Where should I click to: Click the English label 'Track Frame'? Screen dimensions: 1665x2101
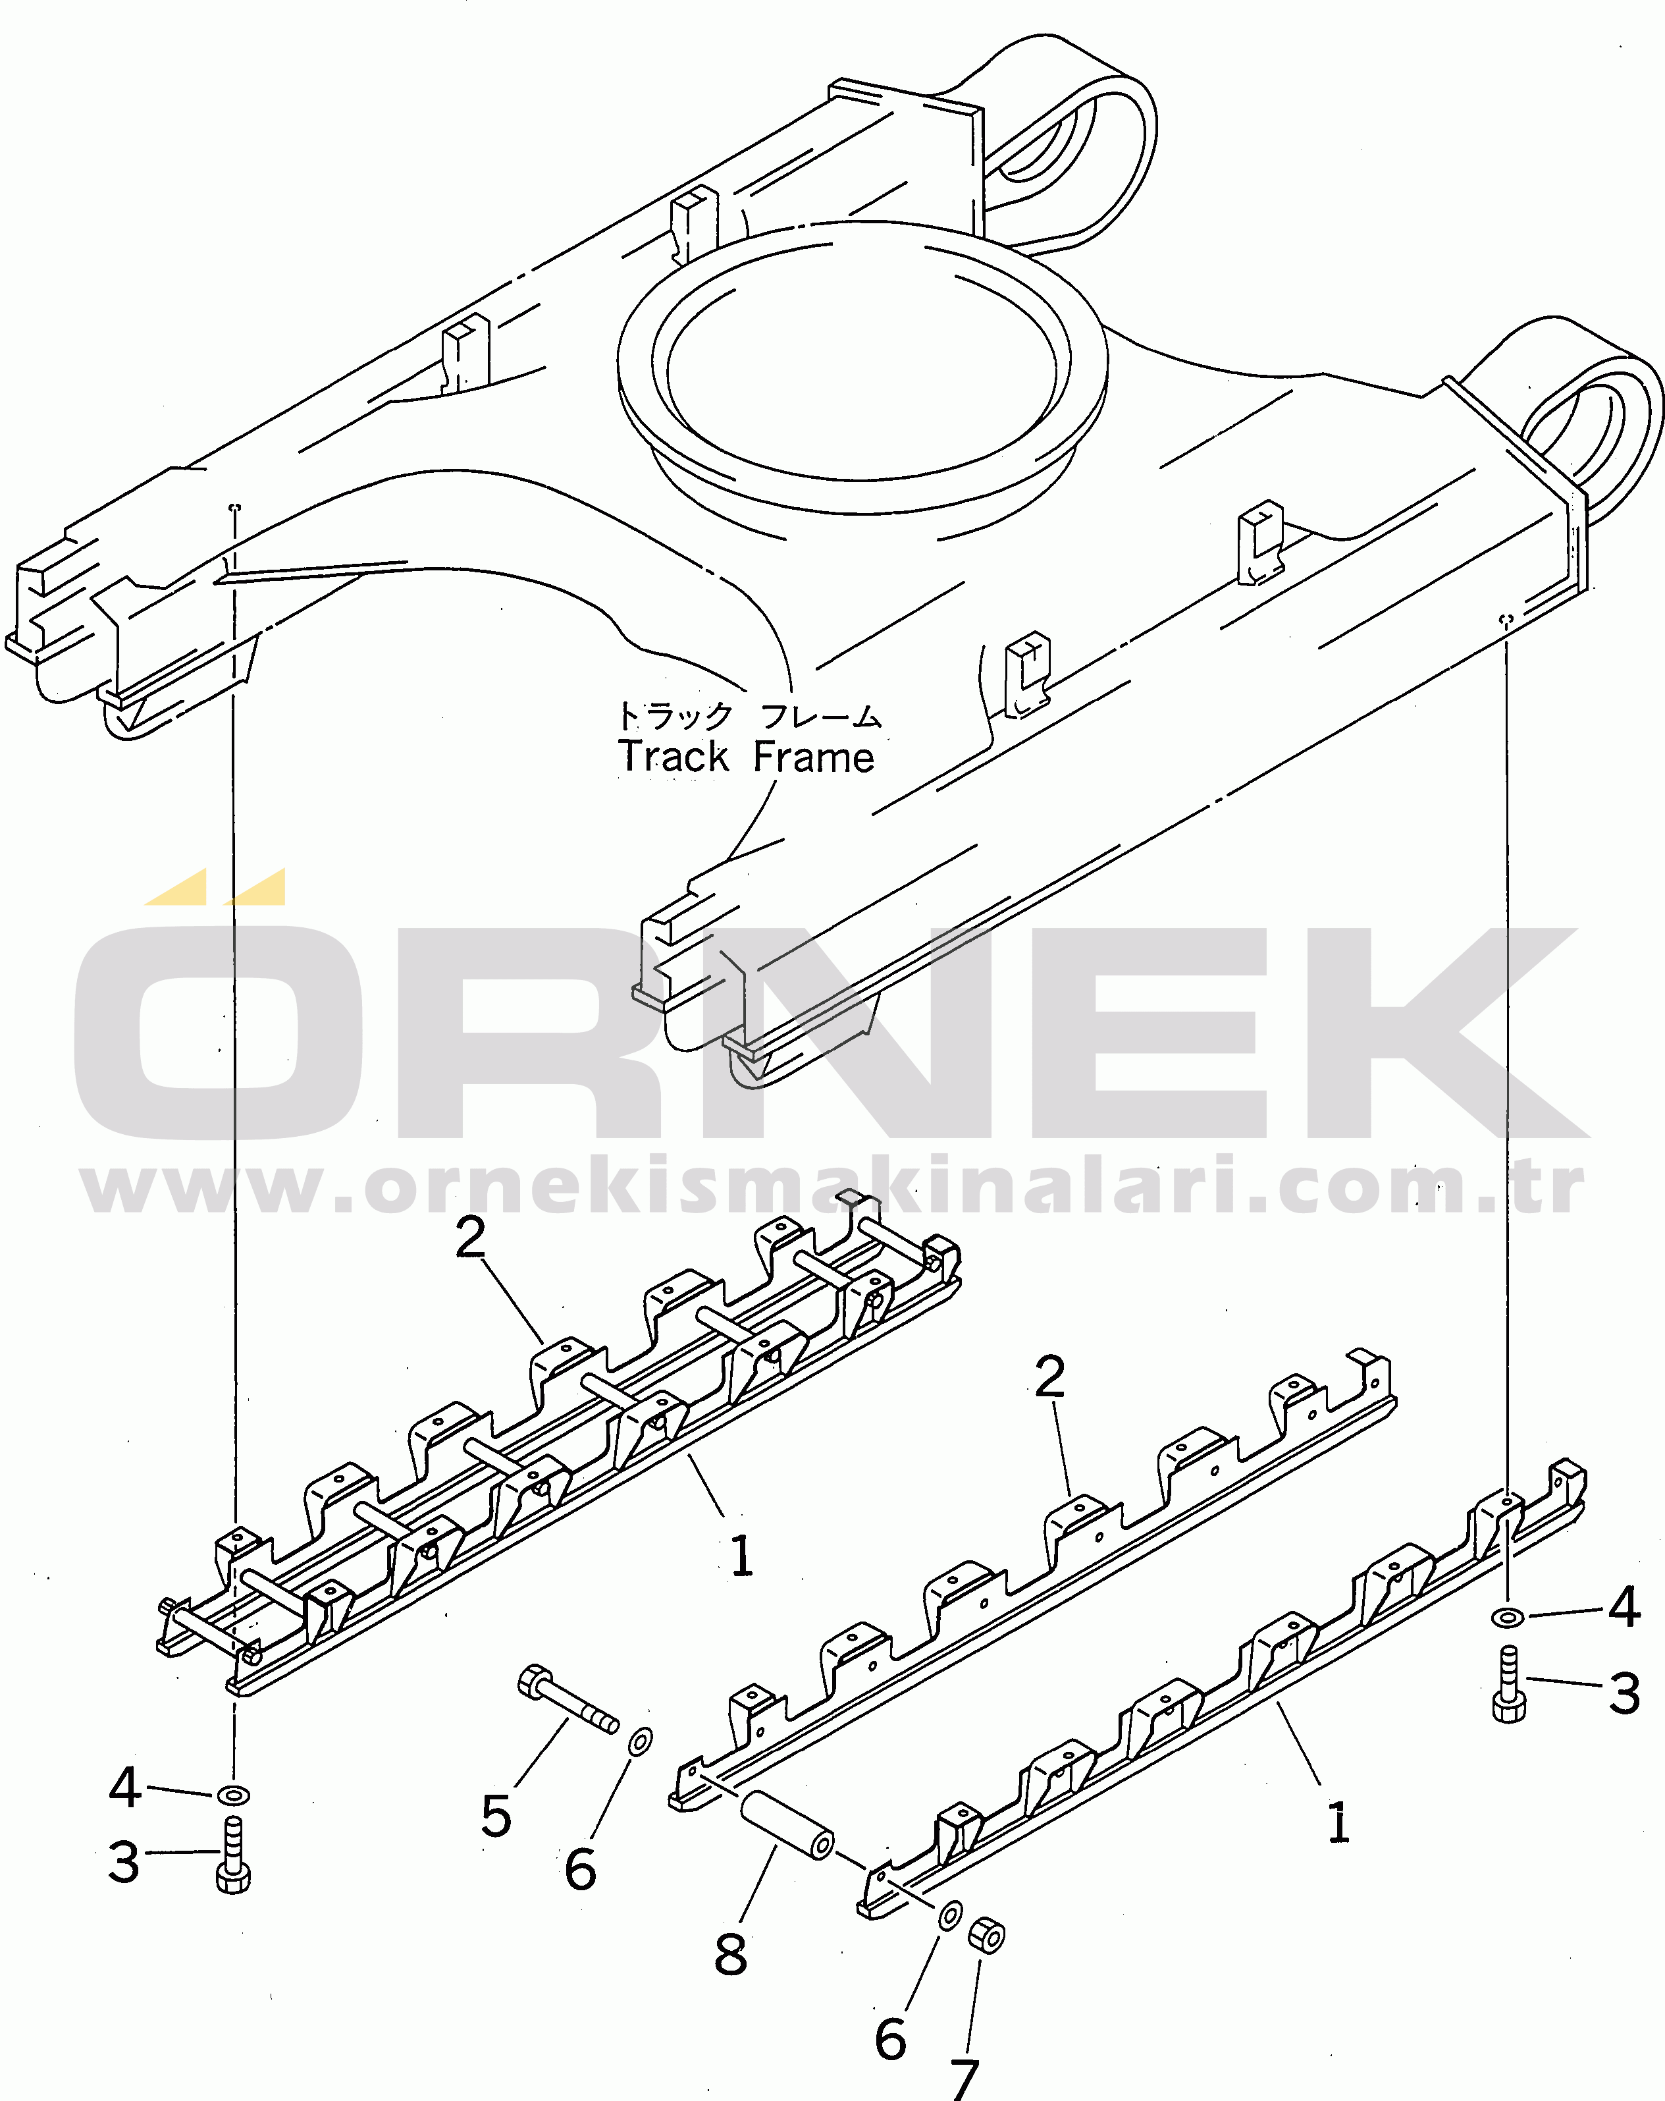click(x=747, y=757)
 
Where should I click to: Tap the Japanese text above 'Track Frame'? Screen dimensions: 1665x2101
click(x=748, y=717)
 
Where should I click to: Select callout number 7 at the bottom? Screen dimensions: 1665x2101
click(x=964, y=2079)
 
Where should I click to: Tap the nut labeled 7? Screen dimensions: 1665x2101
click(x=987, y=1935)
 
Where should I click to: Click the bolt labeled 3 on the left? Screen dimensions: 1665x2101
click(x=233, y=1857)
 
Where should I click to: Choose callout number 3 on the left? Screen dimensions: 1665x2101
click(x=124, y=1863)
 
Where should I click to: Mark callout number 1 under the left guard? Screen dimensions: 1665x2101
click(x=741, y=1556)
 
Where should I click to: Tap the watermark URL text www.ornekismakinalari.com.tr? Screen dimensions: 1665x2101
click(x=832, y=1186)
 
